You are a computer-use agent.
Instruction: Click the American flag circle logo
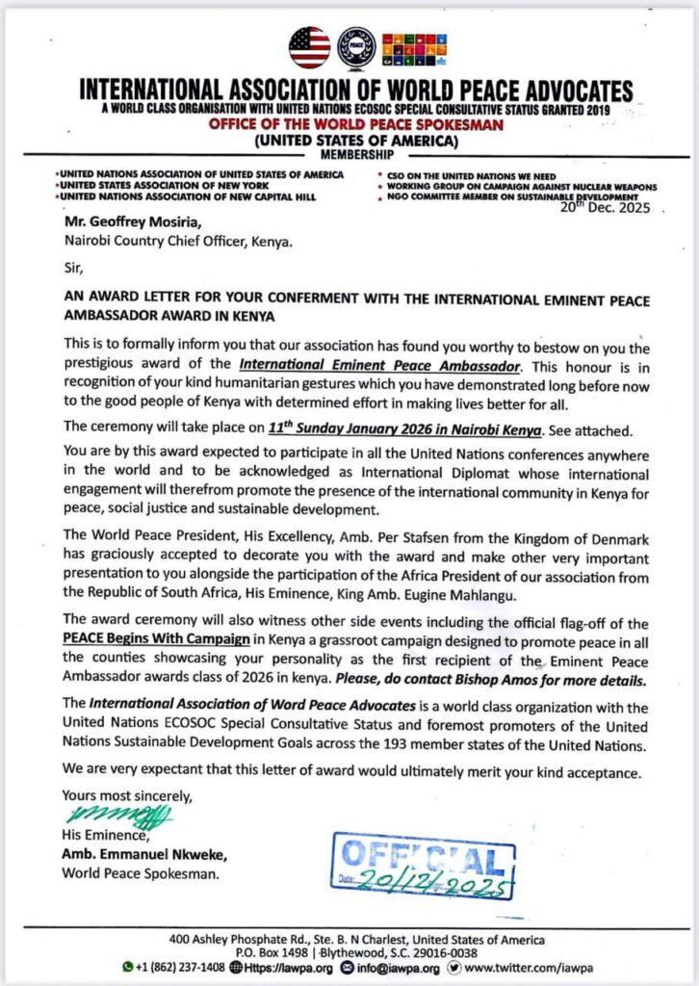[x=309, y=47]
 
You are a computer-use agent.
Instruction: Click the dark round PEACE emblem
[x=357, y=47]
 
